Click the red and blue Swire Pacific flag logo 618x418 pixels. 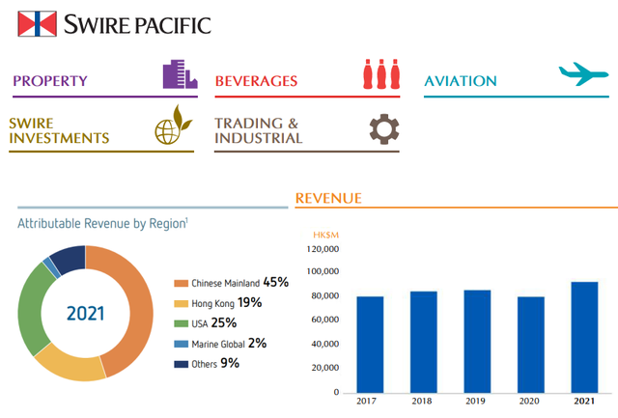[x=37, y=23]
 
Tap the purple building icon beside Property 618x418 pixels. [x=181, y=74]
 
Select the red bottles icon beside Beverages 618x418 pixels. [x=381, y=74]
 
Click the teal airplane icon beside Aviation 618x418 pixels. [x=583, y=73]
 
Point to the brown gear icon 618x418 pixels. [x=384, y=129]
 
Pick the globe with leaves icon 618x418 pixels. [x=174, y=125]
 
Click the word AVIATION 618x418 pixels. [x=461, y=81]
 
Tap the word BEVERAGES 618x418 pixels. [x=256, y=81]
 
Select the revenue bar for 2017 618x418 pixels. [x=370, y=345]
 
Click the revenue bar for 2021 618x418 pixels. [x=584, y=337]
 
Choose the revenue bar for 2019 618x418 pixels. [x=477, y=342]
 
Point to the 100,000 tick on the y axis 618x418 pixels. [x=323, y=271]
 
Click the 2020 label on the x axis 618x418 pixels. [x=529, y=401]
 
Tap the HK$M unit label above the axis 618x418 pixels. [x=326, y=236]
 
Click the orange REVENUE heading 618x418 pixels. [x=328, y=198]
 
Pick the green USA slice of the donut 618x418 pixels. [x=31, y=307]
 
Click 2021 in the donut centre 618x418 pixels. [x=86, y=314]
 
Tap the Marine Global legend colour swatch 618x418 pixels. [x=182, y=344]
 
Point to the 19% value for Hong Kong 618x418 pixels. [x=249, y=302]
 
